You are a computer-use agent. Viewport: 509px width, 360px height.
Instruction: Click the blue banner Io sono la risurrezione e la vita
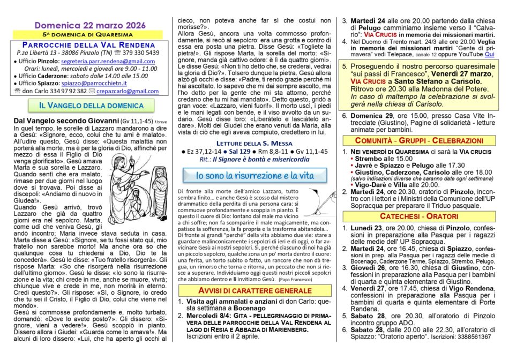tap(254, 175)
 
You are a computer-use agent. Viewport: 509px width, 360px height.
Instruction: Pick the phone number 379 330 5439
tap(140, 53)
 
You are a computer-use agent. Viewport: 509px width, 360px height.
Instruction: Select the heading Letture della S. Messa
tap(254, 144)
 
